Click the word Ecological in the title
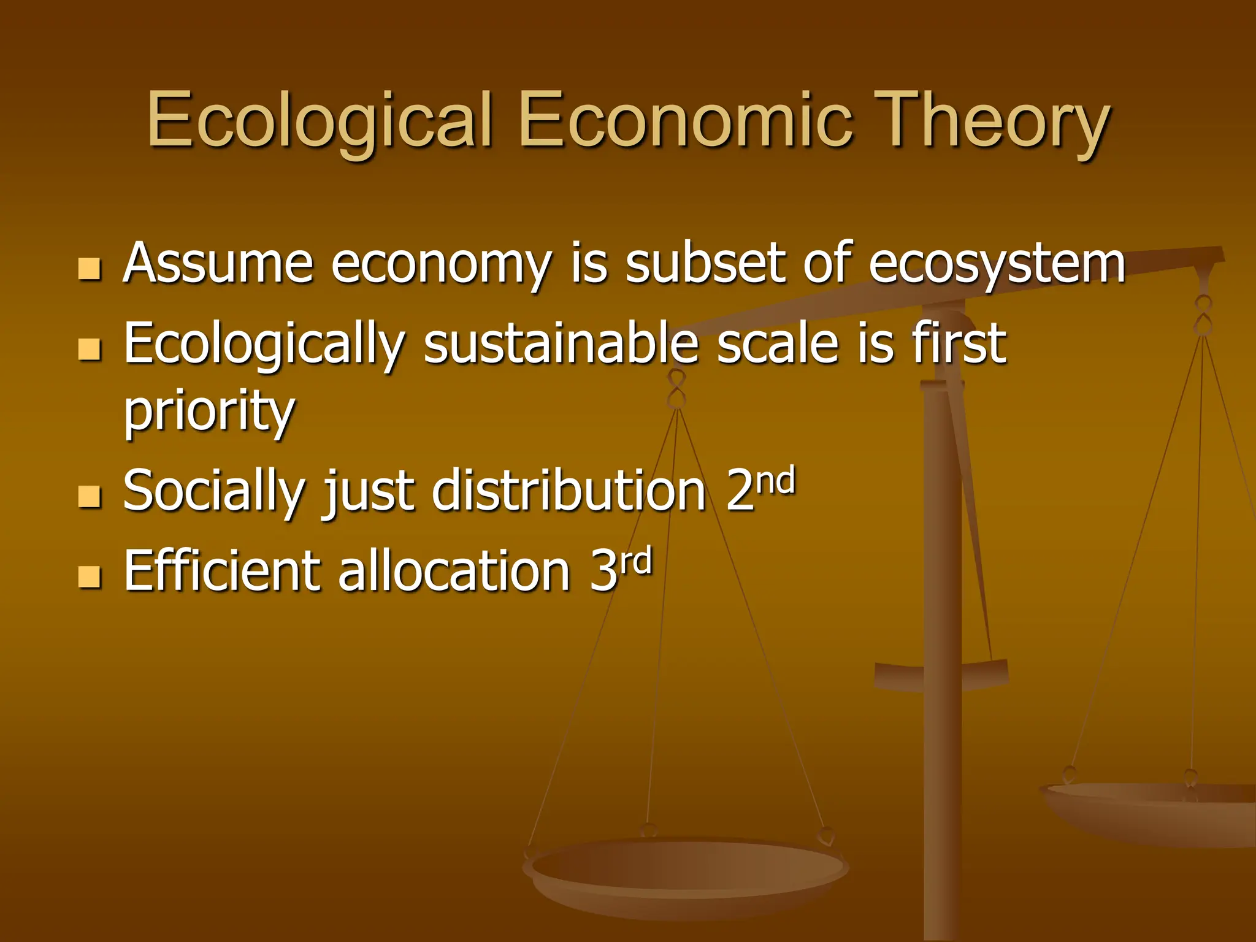click(319, 121)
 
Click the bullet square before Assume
click(90, 269)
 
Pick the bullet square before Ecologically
click(90, 350)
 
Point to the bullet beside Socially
click(90, 496)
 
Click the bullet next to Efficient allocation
click(90, 576)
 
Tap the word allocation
click(454, 570)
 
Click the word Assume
click(218, 264)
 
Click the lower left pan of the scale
click(686, 871)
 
